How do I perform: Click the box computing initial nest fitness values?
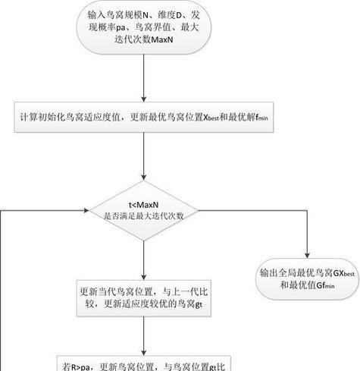143,118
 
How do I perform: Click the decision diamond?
143,210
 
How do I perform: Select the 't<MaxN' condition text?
143,203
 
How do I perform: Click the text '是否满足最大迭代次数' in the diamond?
143,215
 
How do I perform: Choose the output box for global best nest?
307,279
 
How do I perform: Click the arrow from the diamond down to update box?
143,258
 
